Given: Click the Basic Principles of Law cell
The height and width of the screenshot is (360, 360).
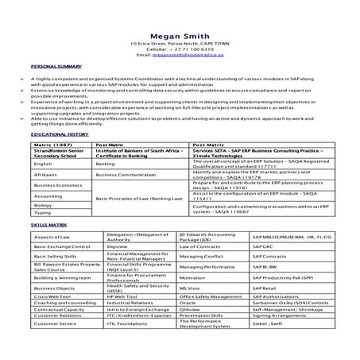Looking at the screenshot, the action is point(138,195).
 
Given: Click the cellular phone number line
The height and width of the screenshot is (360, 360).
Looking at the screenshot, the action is point(179,48).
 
